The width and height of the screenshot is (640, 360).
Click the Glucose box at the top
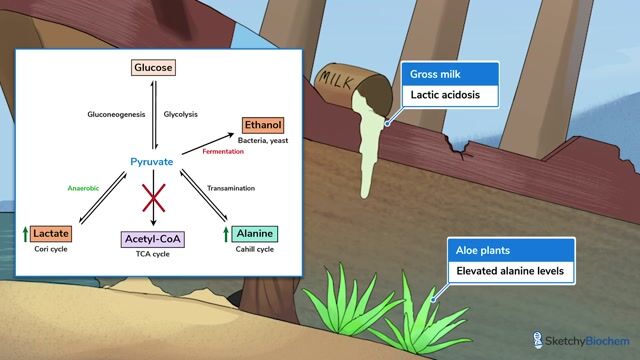[154, 68]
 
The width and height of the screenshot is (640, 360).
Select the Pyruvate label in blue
[153, 160]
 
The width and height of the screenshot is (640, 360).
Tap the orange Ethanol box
[262, 125]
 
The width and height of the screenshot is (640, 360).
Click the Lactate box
[50, 233]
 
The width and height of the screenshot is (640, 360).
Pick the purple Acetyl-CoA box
[153, 239]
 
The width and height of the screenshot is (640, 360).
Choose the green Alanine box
[254, 233]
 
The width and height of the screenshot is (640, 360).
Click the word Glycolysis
[182, 114]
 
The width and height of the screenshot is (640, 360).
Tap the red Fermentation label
[224, 152]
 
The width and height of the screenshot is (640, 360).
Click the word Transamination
[231, 188]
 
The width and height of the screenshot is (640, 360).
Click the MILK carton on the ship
[345, 84]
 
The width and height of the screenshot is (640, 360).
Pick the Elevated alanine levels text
[510, 270]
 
